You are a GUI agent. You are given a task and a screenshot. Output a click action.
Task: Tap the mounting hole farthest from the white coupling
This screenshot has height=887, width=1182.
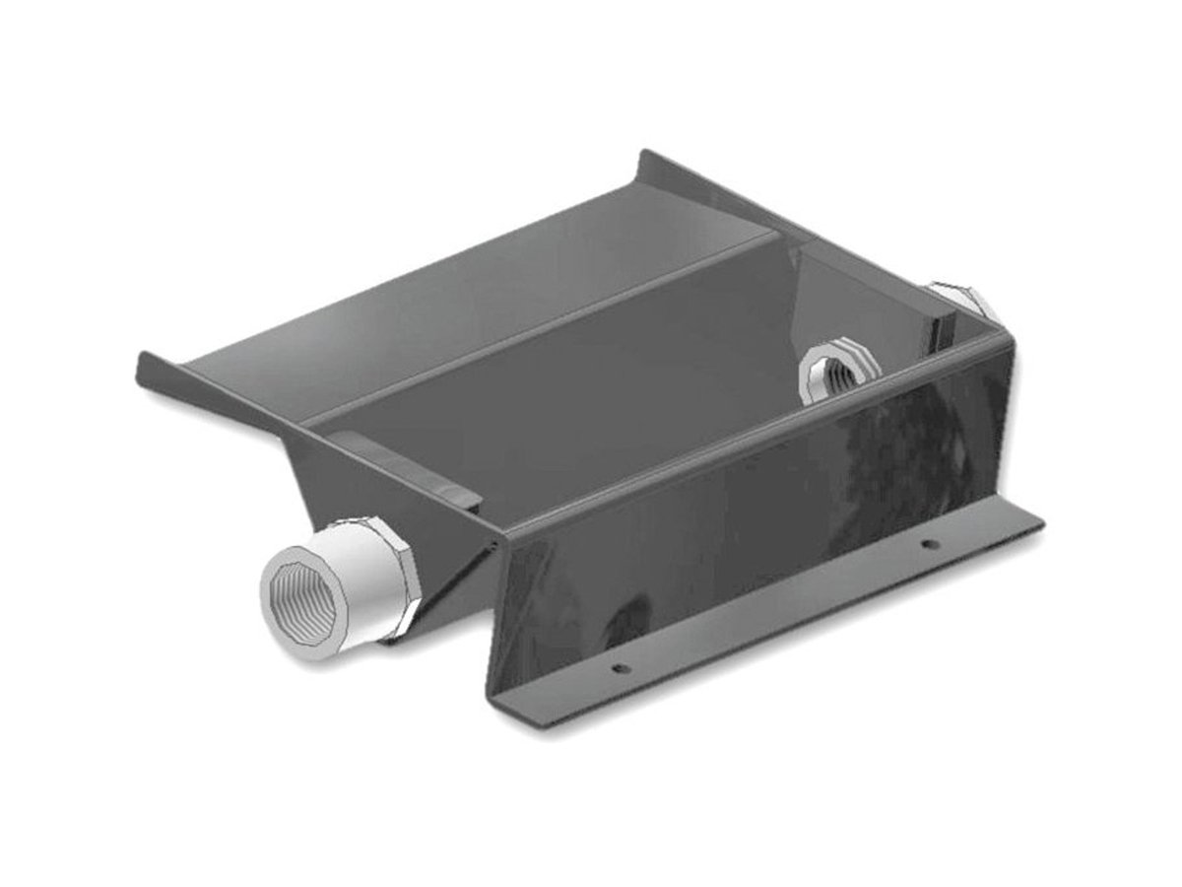click(x=926, y=543)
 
